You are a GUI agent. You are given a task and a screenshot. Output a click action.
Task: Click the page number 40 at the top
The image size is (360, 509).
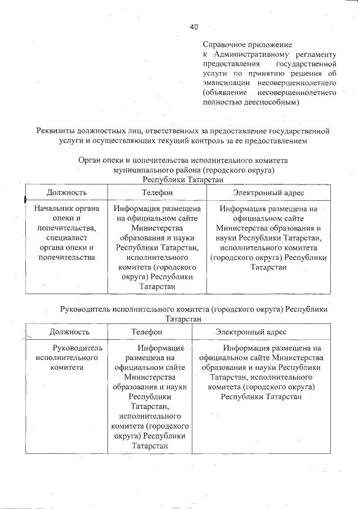[194, 26]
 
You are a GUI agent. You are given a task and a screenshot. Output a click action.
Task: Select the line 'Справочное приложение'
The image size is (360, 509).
[247, 44]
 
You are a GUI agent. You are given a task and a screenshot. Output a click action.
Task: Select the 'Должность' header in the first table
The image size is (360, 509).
[66, 192]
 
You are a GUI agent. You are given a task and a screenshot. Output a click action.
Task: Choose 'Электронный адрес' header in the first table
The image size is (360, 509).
[268, 192]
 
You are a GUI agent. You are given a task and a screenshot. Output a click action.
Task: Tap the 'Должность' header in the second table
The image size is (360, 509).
[69, 332]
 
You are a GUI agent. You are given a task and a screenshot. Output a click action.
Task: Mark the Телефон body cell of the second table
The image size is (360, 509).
[150, 397]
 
